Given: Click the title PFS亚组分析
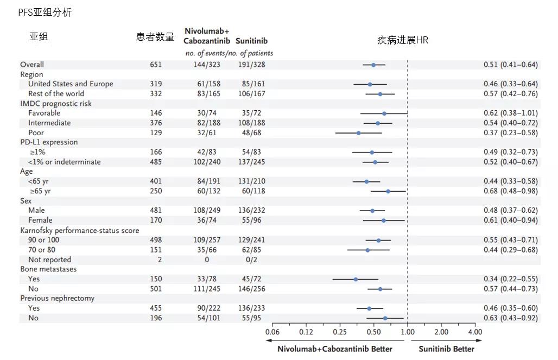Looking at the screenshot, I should (45, 12).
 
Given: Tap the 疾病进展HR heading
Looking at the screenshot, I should (402, 40).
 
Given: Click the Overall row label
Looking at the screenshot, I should (32, 65).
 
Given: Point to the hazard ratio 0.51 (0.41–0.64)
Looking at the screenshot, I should (510, 65).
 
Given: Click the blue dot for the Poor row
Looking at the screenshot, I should (358, 132).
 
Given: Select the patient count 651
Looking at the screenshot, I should (156, 65).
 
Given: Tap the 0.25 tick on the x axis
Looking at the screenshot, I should (340, 332).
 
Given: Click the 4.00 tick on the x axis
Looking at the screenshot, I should (474, 332).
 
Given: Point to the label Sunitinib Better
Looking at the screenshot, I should (447, 349).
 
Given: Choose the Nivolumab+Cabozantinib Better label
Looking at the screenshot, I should (334, 349).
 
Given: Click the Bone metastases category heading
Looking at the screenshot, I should (48, 269).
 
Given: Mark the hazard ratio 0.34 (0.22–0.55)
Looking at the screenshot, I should (510, 279).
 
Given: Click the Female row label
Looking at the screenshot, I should (40, 220).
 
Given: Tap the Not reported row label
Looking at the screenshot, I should (49, 260).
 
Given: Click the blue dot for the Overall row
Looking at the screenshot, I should (373, 65).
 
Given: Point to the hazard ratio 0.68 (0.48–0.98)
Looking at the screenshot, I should (510, 191).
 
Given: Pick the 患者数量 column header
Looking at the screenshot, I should (155, 37).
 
